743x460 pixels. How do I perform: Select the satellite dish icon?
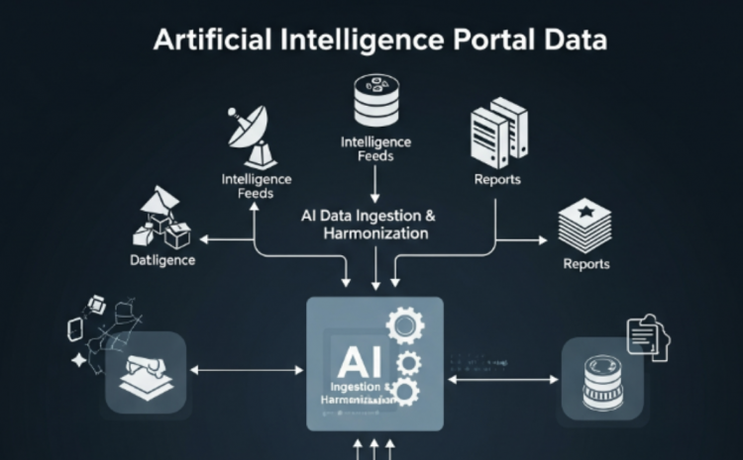249,133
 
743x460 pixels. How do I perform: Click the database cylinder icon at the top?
375,98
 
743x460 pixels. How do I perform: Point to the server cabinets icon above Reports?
497,133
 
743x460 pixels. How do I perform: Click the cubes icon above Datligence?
161,220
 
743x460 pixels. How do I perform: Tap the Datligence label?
162,261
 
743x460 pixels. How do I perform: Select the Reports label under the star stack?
585,264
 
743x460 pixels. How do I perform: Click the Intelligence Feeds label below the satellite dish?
256,186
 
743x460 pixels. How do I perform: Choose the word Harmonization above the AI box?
375,234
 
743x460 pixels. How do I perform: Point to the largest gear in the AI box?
405,324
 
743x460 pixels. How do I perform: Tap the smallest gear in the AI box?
407,393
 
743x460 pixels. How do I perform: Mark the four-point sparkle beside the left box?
79,362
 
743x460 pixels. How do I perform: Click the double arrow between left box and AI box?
246,371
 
